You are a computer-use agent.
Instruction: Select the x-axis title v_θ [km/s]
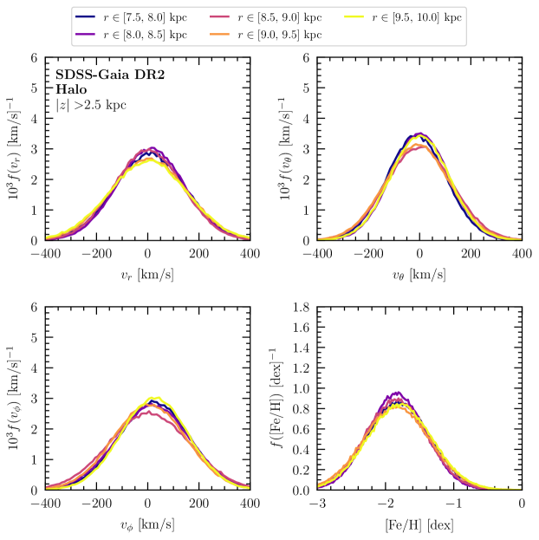point(419,275)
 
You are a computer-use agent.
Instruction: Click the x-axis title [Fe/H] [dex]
point(419,524)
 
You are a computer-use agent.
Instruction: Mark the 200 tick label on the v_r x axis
point(198,254)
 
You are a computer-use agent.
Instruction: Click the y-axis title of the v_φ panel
point(16,398)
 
